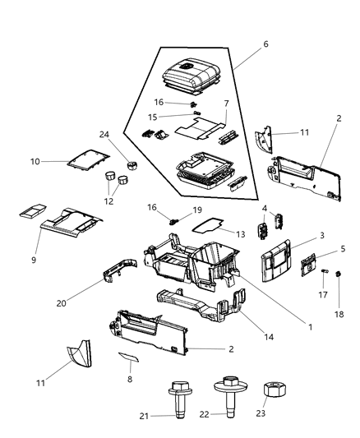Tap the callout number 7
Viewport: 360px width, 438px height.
tap(225, 104)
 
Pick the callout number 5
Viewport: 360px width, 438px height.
tap(343, 251)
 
